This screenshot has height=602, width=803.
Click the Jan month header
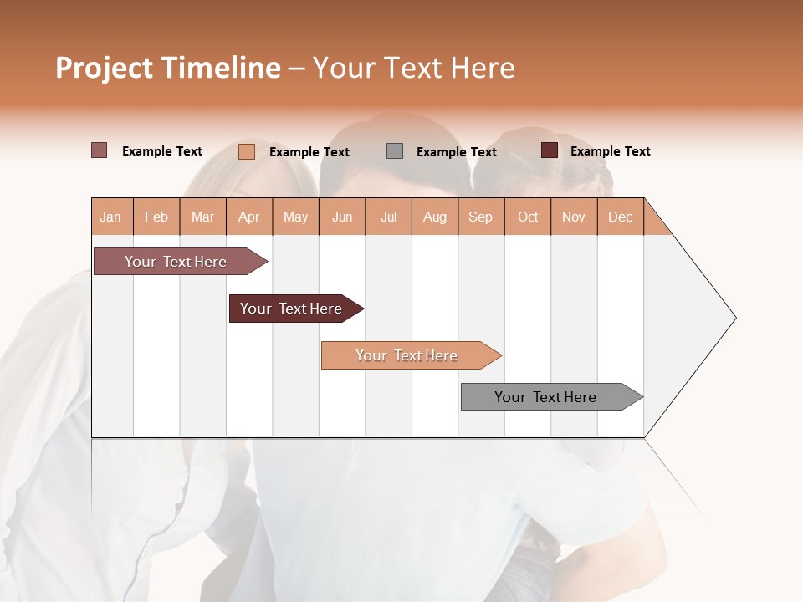click(x=111, y=217)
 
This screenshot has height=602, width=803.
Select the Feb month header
click(x=156, y=217)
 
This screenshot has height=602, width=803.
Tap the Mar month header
click(x=202, y=217)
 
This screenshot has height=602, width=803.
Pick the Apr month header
click(x=249, y=217)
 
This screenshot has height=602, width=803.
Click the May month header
click(x=295, y=217)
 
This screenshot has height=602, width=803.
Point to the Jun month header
click(x=342, y=217)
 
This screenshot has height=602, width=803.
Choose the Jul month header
click(x=388, y=217)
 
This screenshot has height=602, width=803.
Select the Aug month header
click(x=435, y=217)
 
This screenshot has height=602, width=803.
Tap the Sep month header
click(x=481, y=217)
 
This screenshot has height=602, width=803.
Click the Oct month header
click(x=528, y=217)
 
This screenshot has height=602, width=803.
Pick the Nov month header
click(x=574, y=217)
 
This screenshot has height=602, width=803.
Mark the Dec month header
click(x=620, y=217)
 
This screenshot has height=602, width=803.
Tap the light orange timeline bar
click(x=407, y=355)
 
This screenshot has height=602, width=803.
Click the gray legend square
click(x=395, y=151)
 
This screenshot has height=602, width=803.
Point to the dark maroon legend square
click(x=550, y=150)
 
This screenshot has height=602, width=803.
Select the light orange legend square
click(x=247, y=151)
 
